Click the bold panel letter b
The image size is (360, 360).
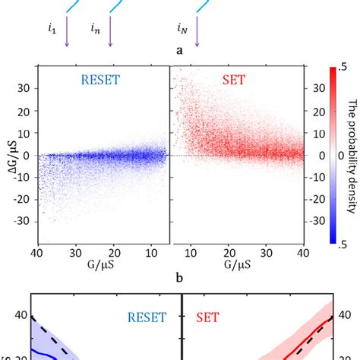coord(178,278)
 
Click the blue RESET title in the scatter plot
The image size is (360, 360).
coord(104,78)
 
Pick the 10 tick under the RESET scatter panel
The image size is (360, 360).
coord(149,254)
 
